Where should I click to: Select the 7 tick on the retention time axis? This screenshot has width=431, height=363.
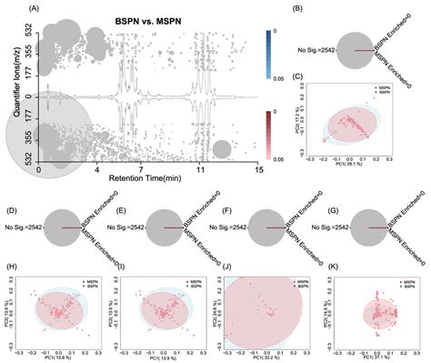[x=140, y=169]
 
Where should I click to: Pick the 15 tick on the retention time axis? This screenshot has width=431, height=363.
[x=259, y=169]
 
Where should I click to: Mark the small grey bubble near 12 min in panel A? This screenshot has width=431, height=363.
[x=220, y=148]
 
